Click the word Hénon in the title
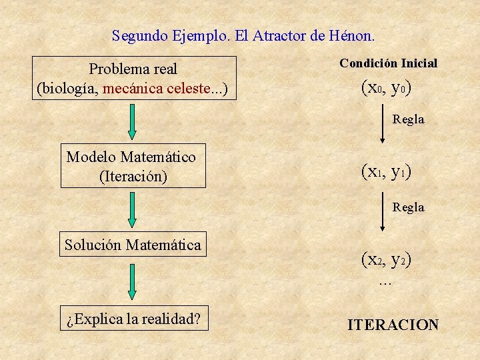click(x=353, y=35)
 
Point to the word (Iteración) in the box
click(x=133, y=177)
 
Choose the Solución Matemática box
click(x=133, y=245)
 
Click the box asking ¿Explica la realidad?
click(x=133, y=319)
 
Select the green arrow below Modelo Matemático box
click(x=132, y=209)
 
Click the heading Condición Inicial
click(x=388, y=63)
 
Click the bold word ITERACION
click(x=393, y=325)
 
